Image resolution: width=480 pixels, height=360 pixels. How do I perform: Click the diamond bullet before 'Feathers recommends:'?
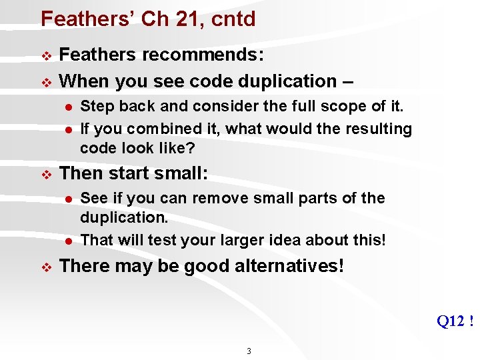point(46,55)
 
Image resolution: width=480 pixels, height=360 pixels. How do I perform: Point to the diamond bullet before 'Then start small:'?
point(46,175)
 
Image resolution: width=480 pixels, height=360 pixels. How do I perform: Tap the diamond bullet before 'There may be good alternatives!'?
point(46,267)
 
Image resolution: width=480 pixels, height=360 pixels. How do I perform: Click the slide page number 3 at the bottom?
point(249,351)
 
